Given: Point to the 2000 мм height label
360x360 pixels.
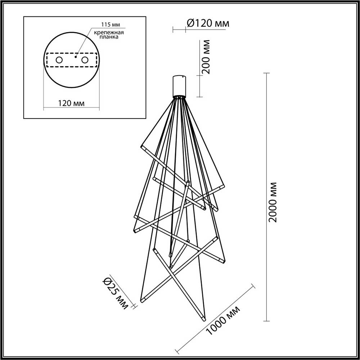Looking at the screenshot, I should coord(273,202).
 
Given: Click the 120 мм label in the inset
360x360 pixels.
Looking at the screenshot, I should coord(71,103).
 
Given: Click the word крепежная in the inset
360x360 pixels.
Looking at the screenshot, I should coord(109,32).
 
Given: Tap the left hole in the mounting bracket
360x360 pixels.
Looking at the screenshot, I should coord(58,60).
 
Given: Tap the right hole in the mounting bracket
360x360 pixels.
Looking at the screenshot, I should coord(85,60).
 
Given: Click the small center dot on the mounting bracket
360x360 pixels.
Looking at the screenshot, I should coord(76,56).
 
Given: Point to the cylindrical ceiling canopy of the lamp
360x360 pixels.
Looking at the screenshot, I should coord(179,86).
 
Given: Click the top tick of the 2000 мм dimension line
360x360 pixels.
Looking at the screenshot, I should coord(267,73).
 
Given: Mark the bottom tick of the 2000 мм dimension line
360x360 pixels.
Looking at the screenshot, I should coord(267,321).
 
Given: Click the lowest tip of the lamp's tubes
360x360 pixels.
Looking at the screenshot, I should coord(203,319).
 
